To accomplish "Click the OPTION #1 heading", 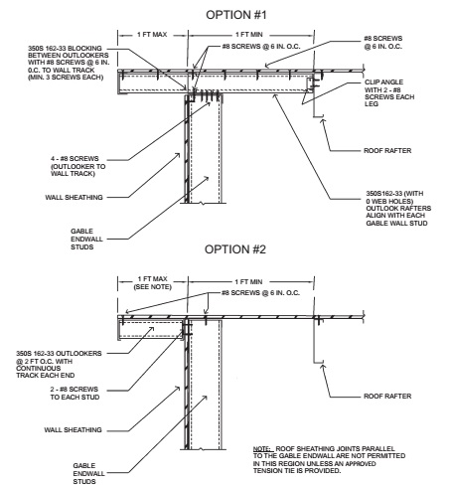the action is click(236, 15).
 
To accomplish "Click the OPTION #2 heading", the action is click(235, 249).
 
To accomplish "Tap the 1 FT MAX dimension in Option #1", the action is click(152, 35).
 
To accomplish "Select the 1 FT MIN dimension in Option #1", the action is click(249, 35).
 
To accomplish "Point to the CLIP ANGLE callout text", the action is click(389, 93).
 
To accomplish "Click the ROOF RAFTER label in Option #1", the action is click(387, 151).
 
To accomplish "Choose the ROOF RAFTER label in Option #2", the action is click(387, 397).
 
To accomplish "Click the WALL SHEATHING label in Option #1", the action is click(74, 198).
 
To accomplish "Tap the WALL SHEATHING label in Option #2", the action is click(74, 430).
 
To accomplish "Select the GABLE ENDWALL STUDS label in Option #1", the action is click(82, 239).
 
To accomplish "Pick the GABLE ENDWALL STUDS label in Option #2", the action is click(84, 473).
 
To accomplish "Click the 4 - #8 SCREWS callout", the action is click(78, 166).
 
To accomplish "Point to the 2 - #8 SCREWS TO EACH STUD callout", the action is click(75, 393).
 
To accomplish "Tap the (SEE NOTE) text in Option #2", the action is click(153, 287).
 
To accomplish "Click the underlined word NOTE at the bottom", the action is click(262, 449).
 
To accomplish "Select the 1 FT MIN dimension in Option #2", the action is click(249, 282).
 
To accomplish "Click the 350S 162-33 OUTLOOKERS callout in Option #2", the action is click(59, 364).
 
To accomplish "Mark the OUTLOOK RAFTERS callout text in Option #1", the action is click(398, 208).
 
